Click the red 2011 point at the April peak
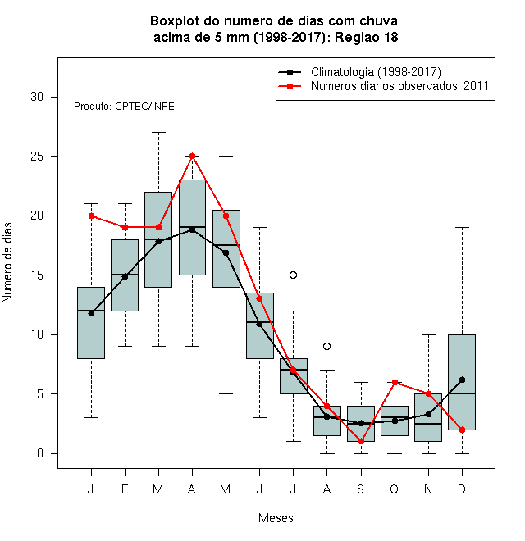193,157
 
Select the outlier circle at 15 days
293,275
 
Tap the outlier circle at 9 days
326,346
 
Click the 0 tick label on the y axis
40,453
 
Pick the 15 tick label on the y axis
37,275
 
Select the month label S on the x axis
361,489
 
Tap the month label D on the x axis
462,489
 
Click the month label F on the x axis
125,489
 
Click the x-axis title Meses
276,518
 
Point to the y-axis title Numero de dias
7,263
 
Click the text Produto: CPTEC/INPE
124,107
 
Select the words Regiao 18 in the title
367,37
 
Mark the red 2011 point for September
361,441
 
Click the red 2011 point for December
462,430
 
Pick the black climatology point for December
462,380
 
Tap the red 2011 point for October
395,382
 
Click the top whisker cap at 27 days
158,132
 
